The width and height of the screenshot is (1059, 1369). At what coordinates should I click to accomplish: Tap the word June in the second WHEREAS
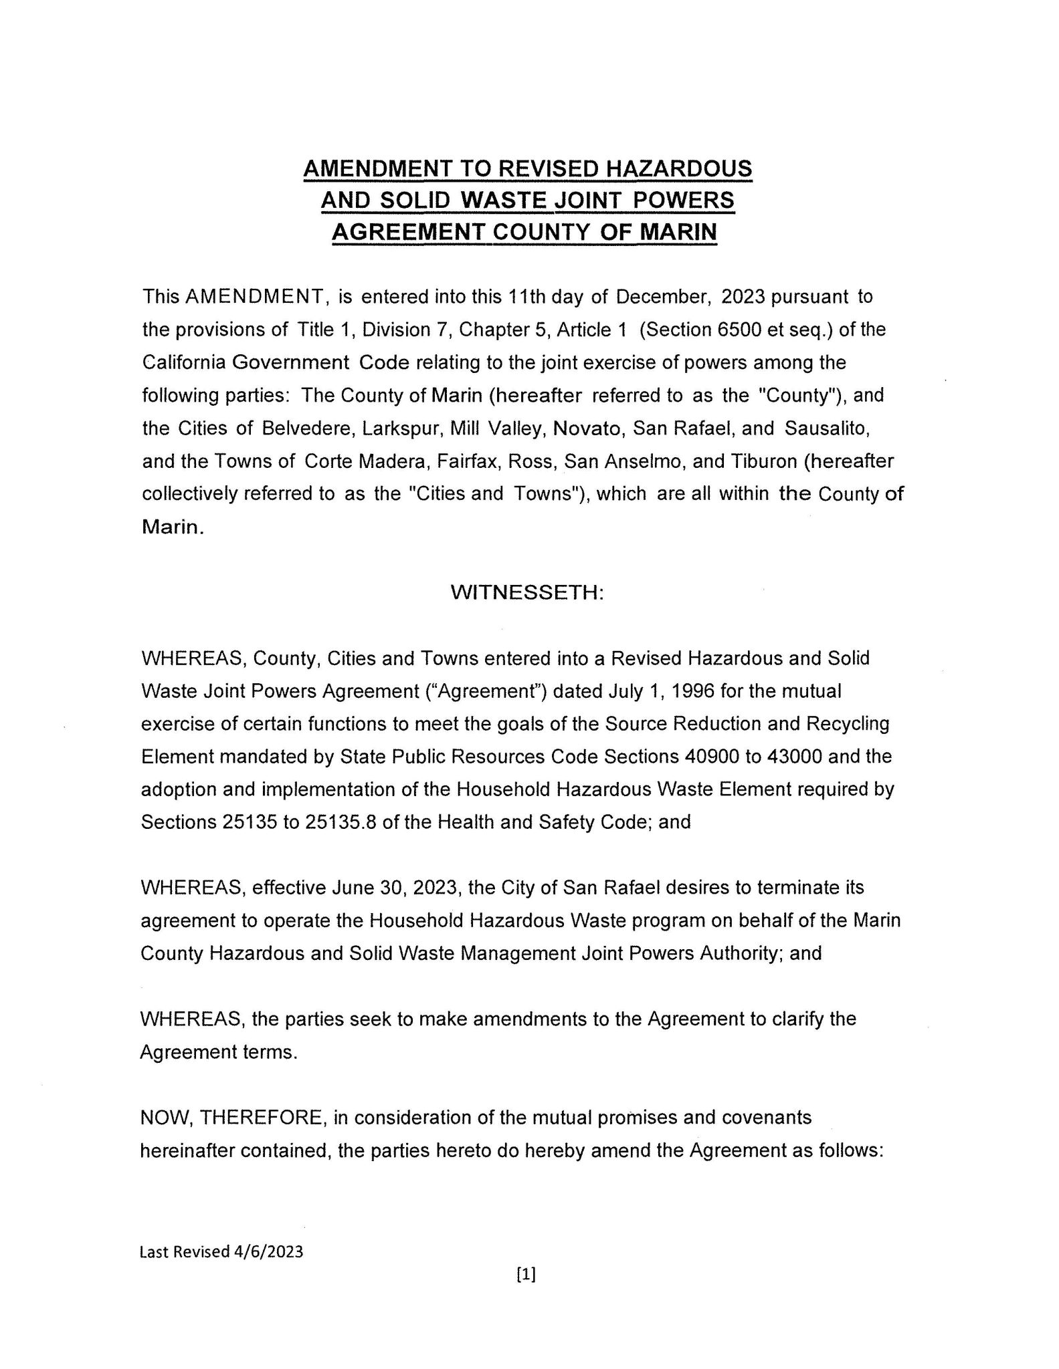tap(351, 888)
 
